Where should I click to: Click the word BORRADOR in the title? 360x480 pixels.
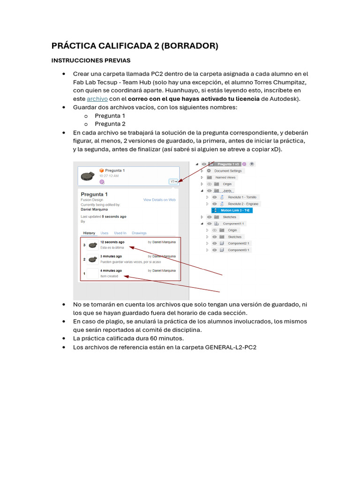[x=189, y=46]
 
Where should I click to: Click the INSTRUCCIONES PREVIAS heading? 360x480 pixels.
[x=90, y=60]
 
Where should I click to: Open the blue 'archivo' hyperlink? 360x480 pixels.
[x=97, y=99]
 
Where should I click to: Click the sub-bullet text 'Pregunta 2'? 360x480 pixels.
[x=110, y=124]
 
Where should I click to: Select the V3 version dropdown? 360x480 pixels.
[x=173, y=181]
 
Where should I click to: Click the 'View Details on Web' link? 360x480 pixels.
[x=159, y=200]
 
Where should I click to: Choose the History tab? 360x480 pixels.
[x=89, y=233]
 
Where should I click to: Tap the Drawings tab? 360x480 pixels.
[x=139, y=233]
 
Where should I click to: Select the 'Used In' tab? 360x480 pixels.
[x=120, y=233]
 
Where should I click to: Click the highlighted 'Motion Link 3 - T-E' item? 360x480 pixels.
[x=236, y=210]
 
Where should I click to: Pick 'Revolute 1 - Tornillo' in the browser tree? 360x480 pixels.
[x=242, y=197]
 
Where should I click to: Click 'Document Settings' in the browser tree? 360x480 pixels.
[x=228, y=171]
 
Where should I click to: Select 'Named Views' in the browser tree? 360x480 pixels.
[x=225, y=178]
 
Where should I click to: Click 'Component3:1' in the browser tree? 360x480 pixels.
[x=239, y=250]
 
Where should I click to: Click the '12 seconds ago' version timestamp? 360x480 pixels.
[x=112, y=242]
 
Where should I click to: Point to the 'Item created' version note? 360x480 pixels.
[x=109, y=276]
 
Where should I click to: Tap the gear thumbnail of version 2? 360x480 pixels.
[x=93, y=259]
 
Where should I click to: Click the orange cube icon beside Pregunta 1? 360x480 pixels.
[x=101, y=170]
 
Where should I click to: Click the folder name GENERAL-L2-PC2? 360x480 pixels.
[x=231, y=347]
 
